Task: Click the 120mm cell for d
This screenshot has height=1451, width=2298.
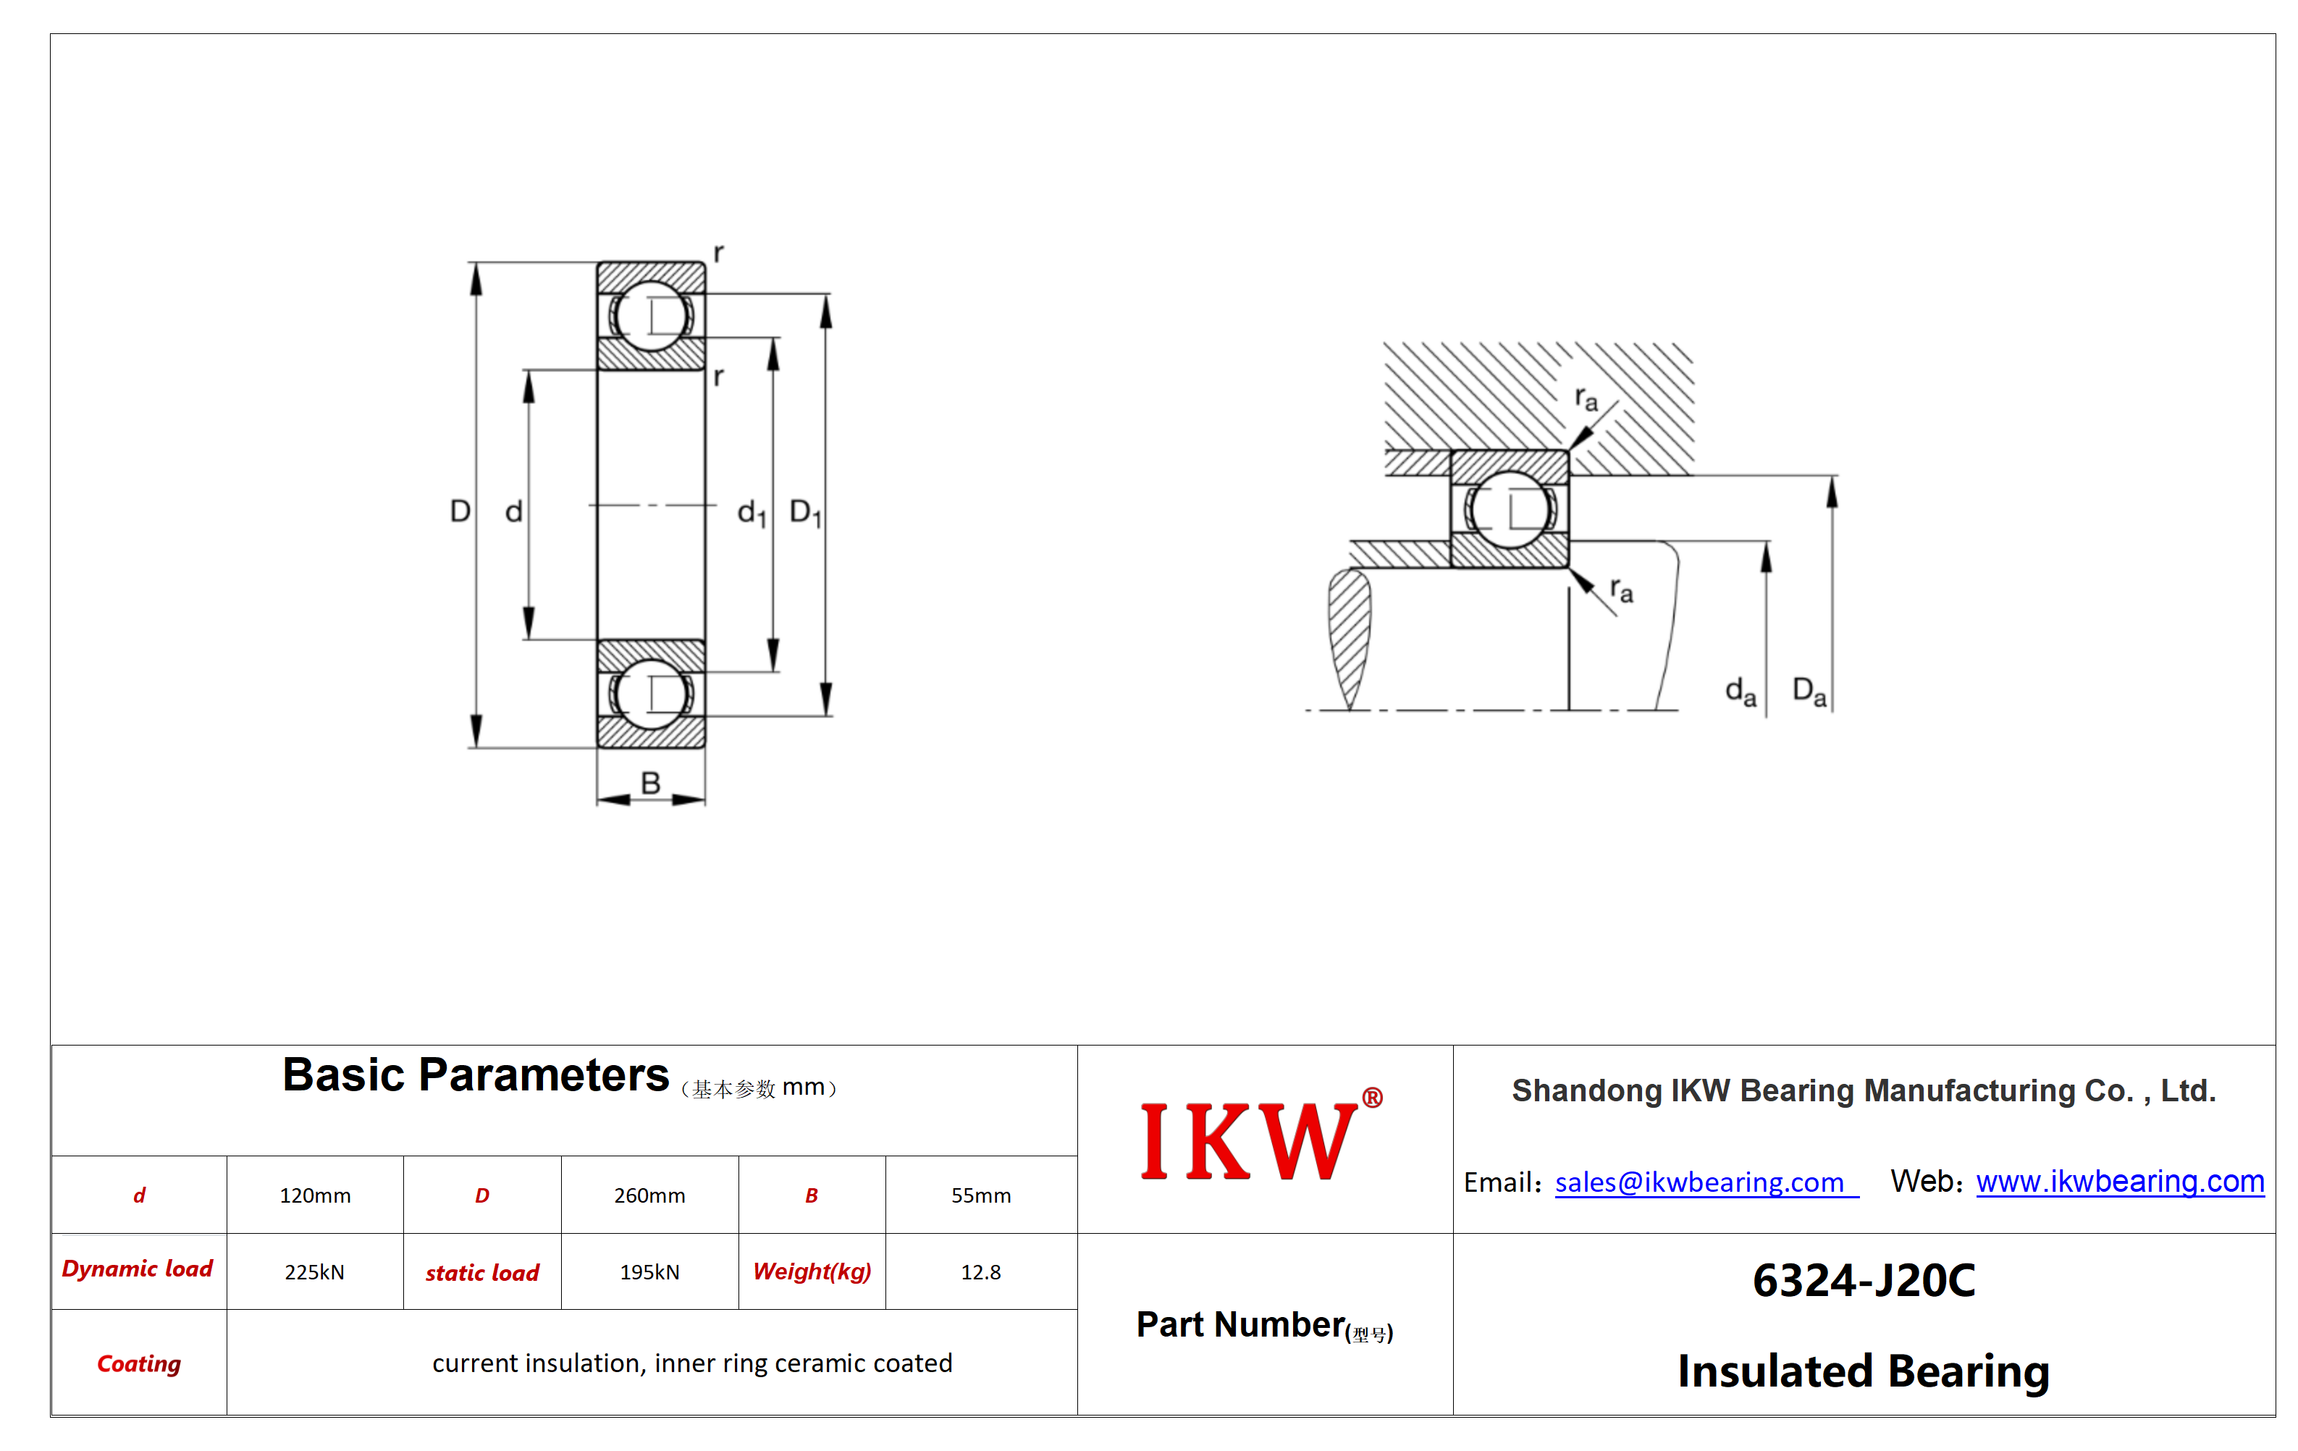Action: pos(315,1195)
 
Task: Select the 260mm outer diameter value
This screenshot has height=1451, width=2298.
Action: pos(649,1195)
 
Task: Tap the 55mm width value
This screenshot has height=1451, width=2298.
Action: pos(980,1195)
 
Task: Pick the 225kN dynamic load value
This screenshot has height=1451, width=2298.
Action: pos(314,1271)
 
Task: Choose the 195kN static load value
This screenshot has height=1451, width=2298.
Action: pos(649,1271)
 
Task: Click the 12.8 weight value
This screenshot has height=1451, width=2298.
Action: pos(980,1271)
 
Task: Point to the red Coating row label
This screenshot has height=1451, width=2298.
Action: pos(139,1363)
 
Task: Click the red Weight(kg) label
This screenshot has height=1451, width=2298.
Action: pos(812,1271)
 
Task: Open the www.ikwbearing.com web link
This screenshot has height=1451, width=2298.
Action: pos(2120,1182)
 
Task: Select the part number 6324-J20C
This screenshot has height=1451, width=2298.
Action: pos(1864,1280)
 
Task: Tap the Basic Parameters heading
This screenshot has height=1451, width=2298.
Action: pos(475,1075)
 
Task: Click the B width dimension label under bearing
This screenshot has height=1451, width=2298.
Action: pos(650,783)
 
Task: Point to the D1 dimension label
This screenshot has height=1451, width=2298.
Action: pos(804,513)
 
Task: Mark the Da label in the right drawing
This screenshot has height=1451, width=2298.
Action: pos(1809,691)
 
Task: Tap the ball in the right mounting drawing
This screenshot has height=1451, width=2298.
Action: pos(1510,509)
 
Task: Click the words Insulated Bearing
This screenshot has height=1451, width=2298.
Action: pos(1864,1371)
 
